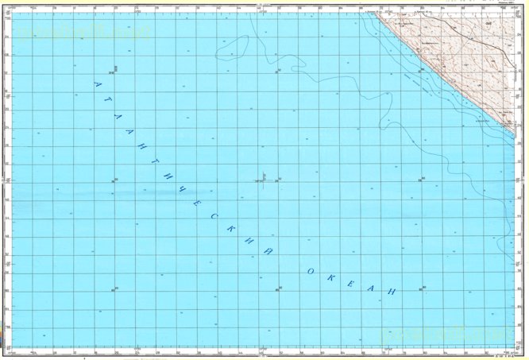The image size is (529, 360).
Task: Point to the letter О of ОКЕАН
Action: (x=311, y=273)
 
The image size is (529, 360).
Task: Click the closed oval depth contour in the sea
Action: (x=232, y=50)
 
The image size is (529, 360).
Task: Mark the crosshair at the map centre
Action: (x=264, y=180)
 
